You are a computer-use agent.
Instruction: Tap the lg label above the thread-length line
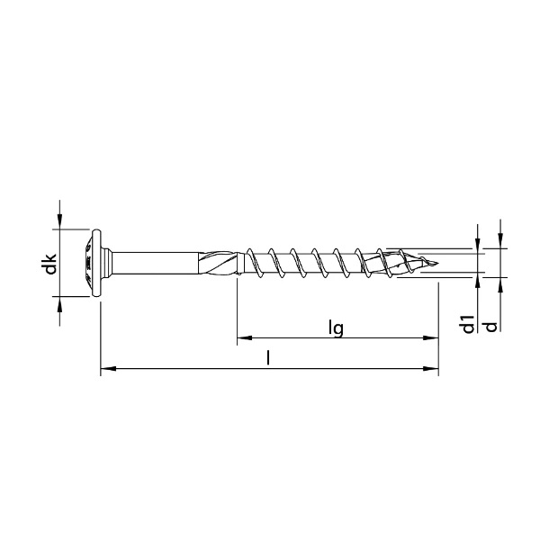click(x=336, y=329)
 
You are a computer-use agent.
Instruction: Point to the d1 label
click(x=467, y=324)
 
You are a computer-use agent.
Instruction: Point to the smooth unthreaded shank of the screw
click(x=153, y=262)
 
